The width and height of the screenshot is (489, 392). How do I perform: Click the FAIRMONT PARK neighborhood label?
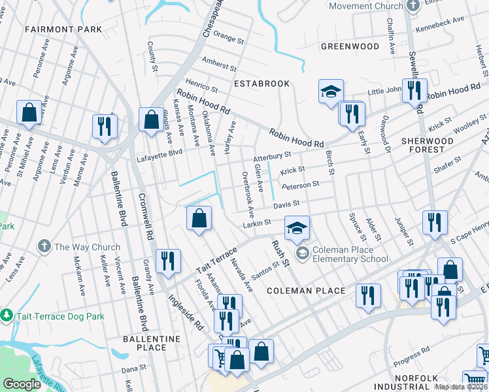coord(63,29)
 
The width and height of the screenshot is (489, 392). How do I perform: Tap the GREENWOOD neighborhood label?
coord(350,46)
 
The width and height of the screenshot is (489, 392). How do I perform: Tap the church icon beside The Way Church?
coord(44,247)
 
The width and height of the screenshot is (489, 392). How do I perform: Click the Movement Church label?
coord(365,6)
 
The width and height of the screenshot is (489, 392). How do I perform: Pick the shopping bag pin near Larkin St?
coord(199,219)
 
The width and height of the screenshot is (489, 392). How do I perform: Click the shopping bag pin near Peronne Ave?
coord(29,112)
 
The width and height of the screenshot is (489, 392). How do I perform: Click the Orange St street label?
coord(229,39)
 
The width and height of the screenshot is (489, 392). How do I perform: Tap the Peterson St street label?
coord(300,186)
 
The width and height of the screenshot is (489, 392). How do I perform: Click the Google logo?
coord(22,384)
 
